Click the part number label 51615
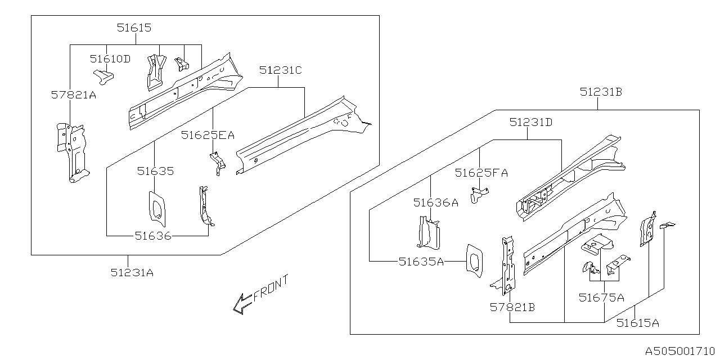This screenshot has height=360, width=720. tap(134, 27)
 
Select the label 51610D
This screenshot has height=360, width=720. tap(110, 58)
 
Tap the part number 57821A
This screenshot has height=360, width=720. tap(74, 95)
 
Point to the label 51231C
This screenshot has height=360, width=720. tap(281, 70)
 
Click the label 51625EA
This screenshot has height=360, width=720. tap(208, 135)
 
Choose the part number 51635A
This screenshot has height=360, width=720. tap(421, 261)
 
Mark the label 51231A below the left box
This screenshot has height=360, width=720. tap(132, 272)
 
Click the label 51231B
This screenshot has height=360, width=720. tap(601, 92)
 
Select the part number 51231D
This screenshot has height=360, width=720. tap(531, 122)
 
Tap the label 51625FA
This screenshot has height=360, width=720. tap(481, 173)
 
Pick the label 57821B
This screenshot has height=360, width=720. tap(512, 307)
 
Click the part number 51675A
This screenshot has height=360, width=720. tap(601, 298)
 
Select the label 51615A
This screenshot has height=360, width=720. tap(637, 323)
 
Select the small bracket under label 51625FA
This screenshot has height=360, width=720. tap(479, 195)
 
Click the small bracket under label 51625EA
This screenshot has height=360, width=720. tap(218, 163)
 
